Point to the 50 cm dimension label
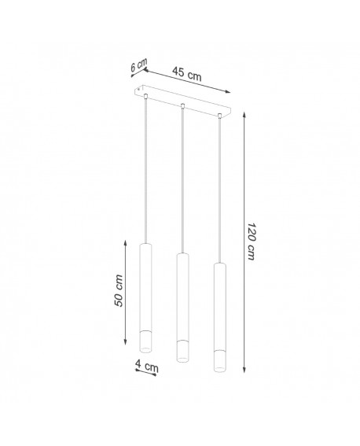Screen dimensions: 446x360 (x=119, y=291)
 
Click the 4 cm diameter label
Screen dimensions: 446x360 (x=147, y=365)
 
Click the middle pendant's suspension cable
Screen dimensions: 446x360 (x=182, y=181)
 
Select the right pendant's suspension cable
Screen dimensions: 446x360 (x=219, y=189)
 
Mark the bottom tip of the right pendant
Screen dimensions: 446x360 (x=219, y=368)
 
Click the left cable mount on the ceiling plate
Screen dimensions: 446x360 (x=145, y=96)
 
